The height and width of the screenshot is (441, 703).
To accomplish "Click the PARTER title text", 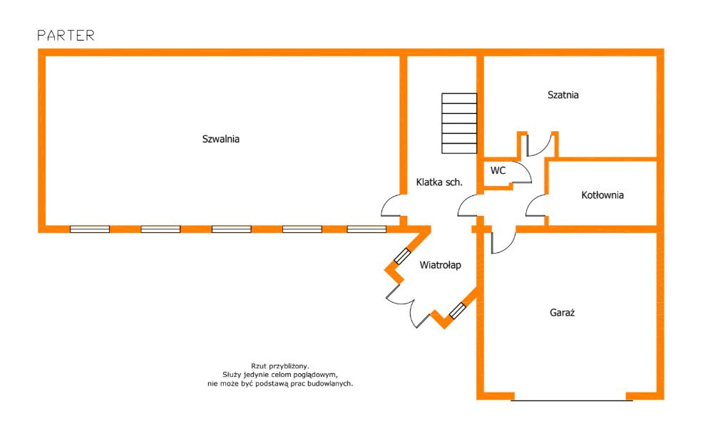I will pos(66,36).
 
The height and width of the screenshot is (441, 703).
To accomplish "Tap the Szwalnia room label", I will pos(220,140).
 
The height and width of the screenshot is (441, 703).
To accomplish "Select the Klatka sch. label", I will pos(439,182).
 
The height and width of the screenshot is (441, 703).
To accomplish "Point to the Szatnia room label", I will pos(563,95).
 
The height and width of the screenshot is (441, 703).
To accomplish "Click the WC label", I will pos(498,170).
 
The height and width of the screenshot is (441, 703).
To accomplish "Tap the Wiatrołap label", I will pos(440,265).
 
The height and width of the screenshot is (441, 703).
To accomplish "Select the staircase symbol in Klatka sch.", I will pos(458,123).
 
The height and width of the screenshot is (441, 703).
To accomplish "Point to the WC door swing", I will pos(522,173).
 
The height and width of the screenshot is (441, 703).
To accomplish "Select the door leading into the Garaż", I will pos(501,242).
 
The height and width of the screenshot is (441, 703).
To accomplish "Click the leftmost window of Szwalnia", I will pos(90,229).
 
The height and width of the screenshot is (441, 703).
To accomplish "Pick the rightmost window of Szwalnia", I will pos(366,229).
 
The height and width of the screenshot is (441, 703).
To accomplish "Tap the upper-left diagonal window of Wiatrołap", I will pos(403,257).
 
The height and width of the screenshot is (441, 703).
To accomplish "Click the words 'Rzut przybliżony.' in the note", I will pos(279,365).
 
